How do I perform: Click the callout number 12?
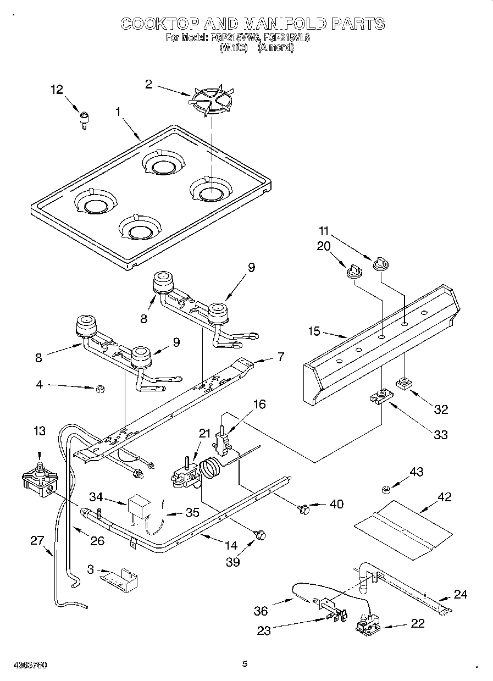point(57,90)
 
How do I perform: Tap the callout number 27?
point(36,540)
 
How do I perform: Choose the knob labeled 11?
point(380,264)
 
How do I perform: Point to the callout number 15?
point(314,331)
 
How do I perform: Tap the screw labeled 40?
point(303,510)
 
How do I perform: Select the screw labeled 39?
point(261,534)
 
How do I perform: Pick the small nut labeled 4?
point(99,390)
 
